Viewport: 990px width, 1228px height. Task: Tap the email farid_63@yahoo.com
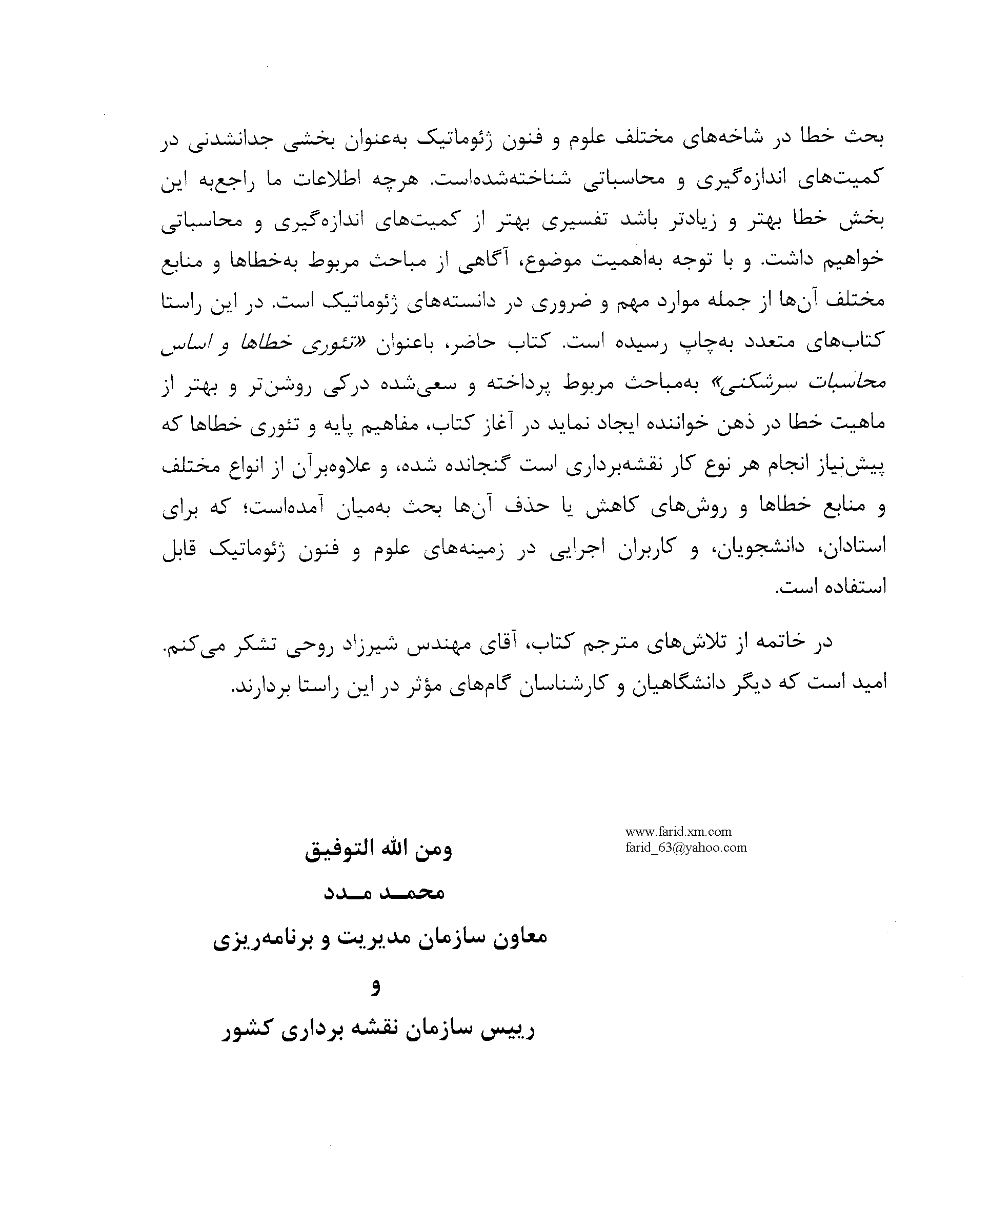[x=685, y=848]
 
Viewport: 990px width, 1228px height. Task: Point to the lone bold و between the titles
[x=375, y=986]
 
